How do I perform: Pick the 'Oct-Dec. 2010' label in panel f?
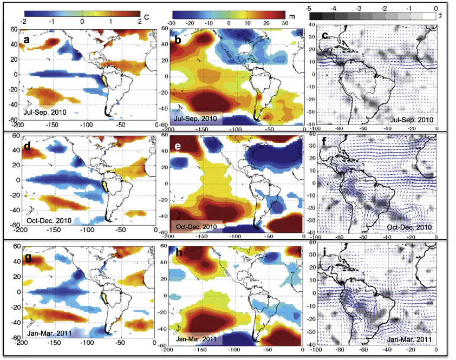click(411, 226)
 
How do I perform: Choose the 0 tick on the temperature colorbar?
click(82, 21)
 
